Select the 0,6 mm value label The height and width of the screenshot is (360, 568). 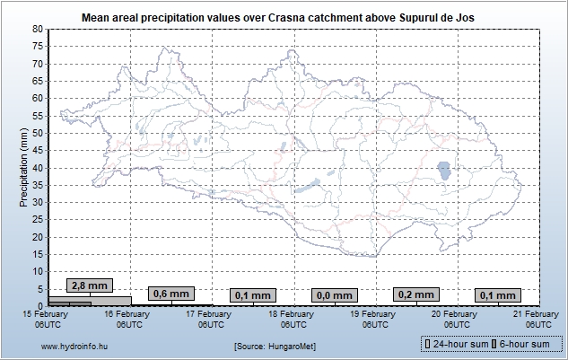point(170,294)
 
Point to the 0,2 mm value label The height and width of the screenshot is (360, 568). point(415,294)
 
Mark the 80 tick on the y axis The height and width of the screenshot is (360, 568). point(38,29)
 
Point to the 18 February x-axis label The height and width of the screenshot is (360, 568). point(293,319)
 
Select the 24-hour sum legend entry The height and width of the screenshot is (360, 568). point(459,344)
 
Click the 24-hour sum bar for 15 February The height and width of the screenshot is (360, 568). point(90,300)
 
